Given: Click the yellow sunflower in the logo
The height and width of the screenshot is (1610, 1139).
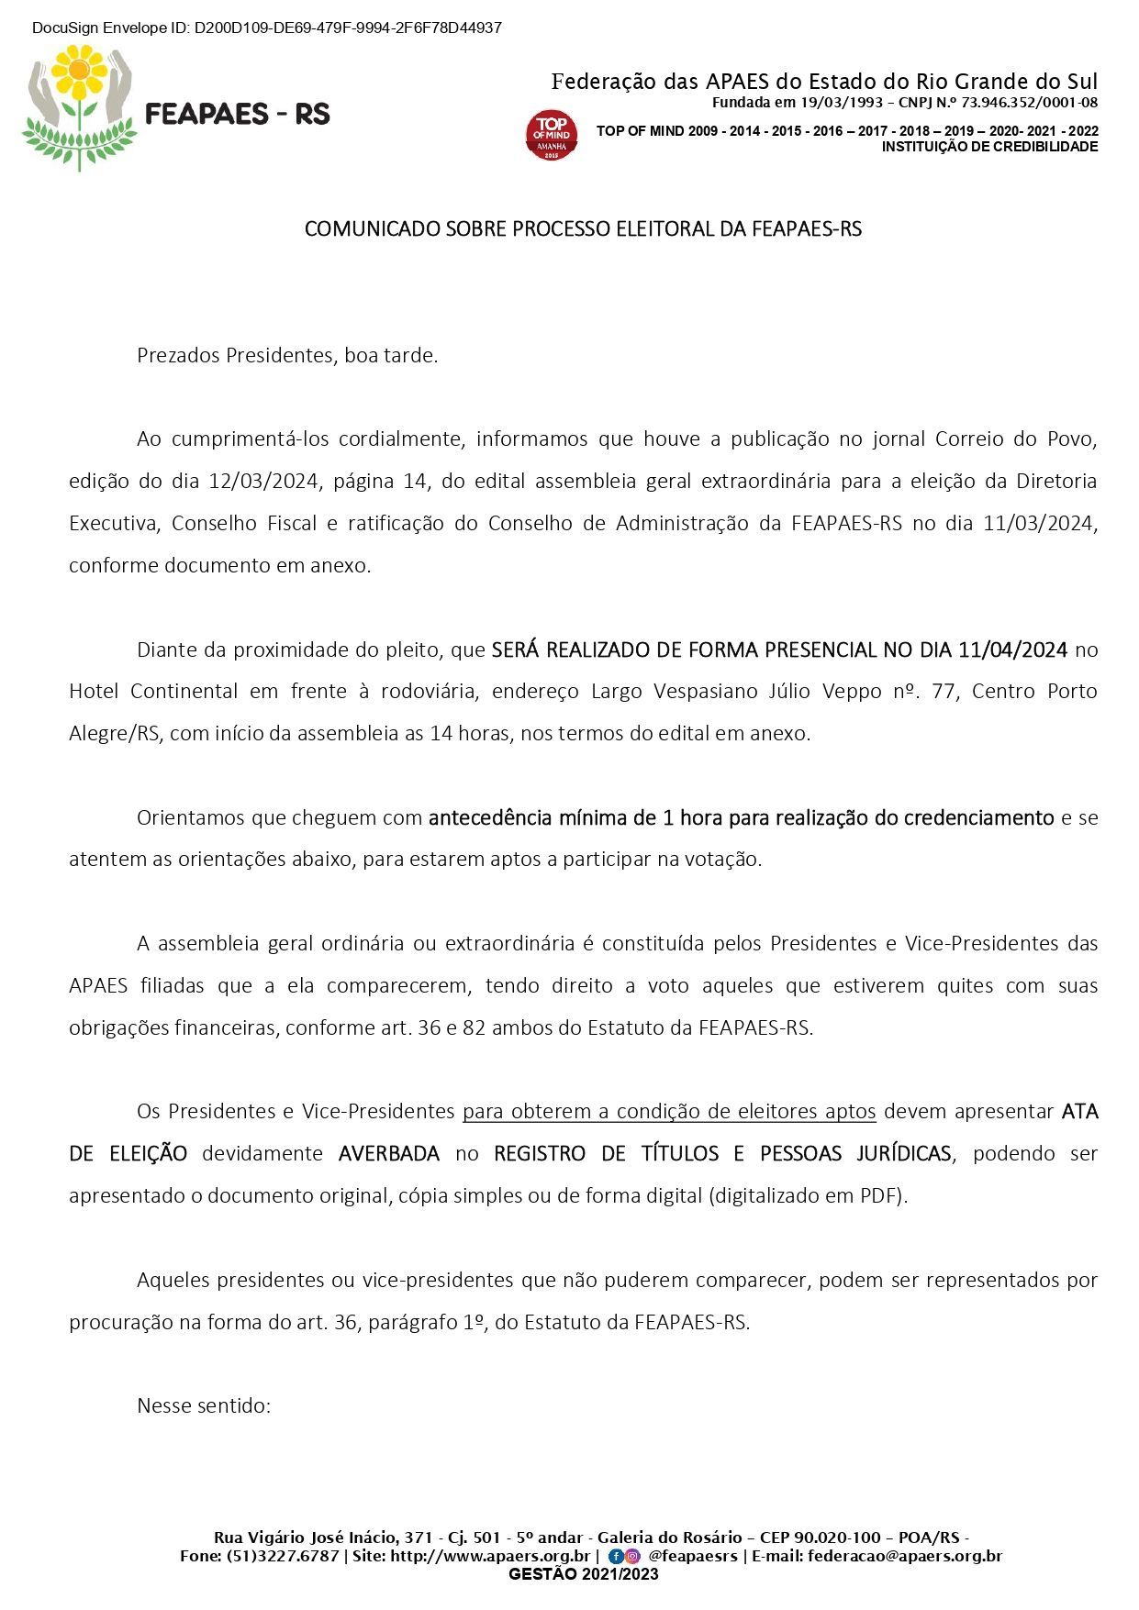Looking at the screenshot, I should click(79, 72).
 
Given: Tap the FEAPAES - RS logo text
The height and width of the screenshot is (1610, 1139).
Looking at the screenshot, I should click(238, 114).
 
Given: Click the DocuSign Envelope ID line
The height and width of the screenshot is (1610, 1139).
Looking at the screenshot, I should click(266, 28).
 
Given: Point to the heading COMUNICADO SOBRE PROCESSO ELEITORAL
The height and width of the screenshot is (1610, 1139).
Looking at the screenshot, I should click(583, 228).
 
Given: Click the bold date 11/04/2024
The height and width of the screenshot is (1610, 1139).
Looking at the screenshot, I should click(1012, 650).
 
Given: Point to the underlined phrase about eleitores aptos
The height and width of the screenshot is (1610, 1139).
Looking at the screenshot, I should click(669, 1111).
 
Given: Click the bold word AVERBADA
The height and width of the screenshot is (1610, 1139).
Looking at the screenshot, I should click(389, 1153).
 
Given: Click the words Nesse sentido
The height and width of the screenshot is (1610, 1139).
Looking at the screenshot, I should click(204, 1405).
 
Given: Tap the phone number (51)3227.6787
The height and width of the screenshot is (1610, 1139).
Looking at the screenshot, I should click(283, 1556).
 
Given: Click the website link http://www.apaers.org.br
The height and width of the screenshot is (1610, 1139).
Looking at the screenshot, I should click(490, 1556).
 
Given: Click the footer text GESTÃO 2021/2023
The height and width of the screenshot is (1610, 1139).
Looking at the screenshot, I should click(583, 1574).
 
